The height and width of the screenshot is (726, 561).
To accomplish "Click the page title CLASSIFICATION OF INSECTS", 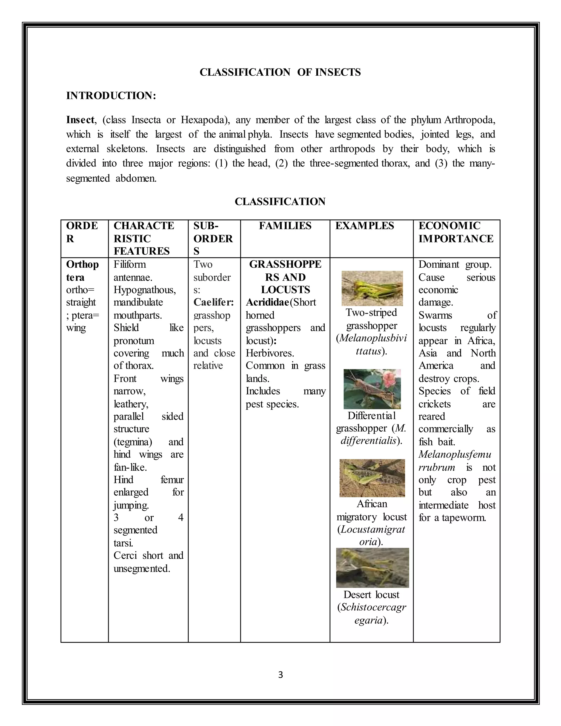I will coord(280,72).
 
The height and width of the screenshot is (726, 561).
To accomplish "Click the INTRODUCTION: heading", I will coord(111,96).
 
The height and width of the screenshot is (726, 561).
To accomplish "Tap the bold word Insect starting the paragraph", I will coord(80,120).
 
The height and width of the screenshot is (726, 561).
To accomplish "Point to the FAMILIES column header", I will coord(285,226).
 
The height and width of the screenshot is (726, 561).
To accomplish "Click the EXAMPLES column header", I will coord(364,226).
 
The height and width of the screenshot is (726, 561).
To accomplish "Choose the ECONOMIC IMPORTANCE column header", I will coord(456,232).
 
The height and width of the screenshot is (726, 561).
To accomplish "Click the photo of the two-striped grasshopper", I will coord(372,288).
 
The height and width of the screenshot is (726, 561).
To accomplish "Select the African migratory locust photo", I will coord(372,478).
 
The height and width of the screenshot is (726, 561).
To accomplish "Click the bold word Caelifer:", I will coord(214,302).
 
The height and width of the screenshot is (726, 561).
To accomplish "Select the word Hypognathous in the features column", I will coord(145,290).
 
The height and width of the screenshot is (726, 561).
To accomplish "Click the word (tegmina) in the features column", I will coord(133,442).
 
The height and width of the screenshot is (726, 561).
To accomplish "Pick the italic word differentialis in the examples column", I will coord(369,441).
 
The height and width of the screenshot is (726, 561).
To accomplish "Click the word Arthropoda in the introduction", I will coord(469,120).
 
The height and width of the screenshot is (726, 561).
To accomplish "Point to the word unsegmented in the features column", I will coord(142,568).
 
